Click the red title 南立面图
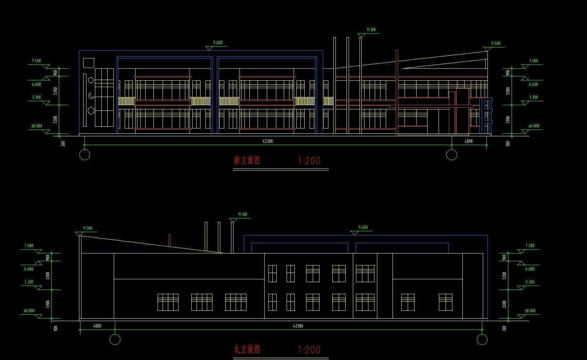[x=247, y=161]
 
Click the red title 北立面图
[x=247, y=350]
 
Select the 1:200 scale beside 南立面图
[x=309, y=161]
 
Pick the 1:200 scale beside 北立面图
[x=309, y=350]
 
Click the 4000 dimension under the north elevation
[x=97, y=326]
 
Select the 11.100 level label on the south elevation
[x=371, y=30]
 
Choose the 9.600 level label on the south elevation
[x=218, y=43]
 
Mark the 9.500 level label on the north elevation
[x=88, y=228]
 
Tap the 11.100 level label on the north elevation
[x=243, y=215]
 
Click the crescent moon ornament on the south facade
[x=91, y=96]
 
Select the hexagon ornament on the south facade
[x=91, y=110]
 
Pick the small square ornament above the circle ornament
[x=89, y=63]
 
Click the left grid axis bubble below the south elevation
[x=85, y=155]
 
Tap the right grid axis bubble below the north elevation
[x=482, y=339]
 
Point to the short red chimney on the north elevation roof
[x=170, y=241]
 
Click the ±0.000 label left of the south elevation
[x=36, y=126]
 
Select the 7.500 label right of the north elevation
[x=530, y=246]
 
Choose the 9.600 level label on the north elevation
[x=363, y=228]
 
